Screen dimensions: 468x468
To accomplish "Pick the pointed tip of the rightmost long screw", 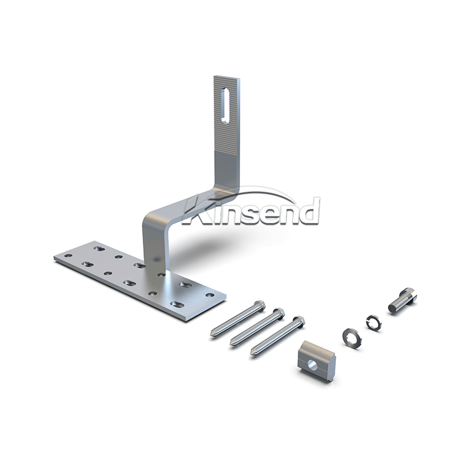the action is (252, 354).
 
